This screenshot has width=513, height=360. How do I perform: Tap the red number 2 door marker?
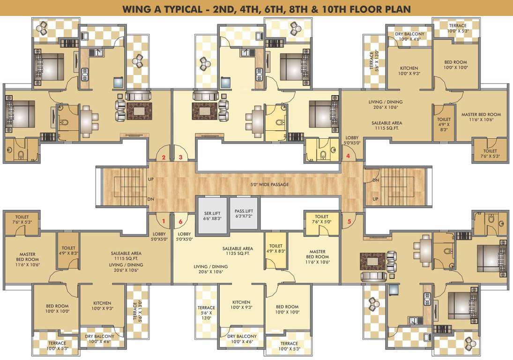pos(164,157)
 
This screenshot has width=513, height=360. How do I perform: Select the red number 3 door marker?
pos(180,157)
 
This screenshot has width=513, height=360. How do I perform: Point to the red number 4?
pos(348,156)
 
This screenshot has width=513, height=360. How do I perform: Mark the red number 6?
pos(180,221)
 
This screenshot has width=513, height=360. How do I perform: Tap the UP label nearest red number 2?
pos(151,180)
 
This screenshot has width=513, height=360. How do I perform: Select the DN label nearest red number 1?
pos(151,199)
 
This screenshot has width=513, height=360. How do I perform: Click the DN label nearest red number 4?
pos(375,180)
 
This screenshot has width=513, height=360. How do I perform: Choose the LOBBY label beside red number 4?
pos(352,138)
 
